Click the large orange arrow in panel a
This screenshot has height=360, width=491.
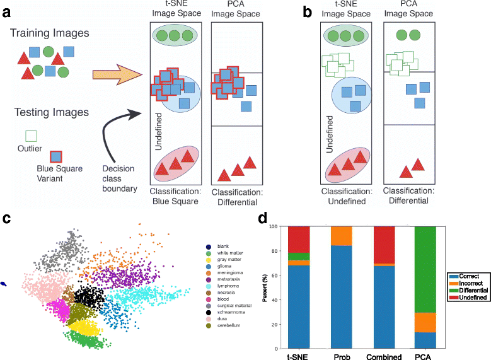(116, 75)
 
